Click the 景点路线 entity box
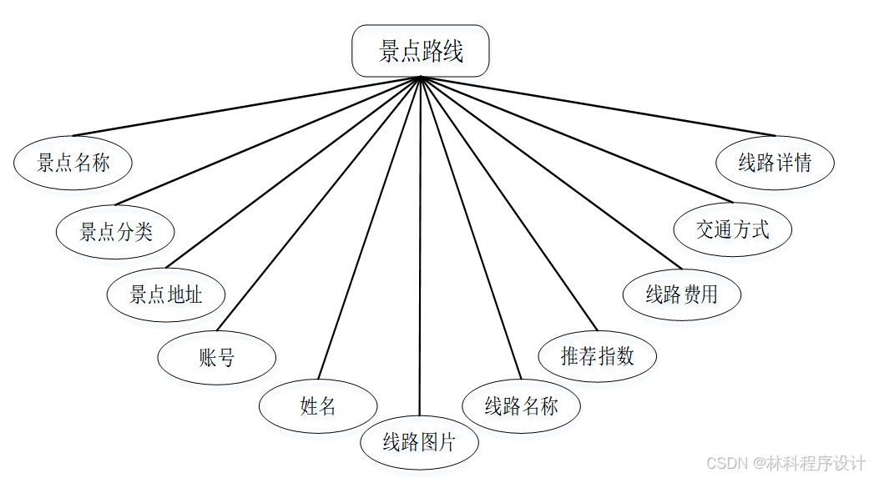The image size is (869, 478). pos(421,51)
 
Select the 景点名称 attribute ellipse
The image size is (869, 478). pos(73,163)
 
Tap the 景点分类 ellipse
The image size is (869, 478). pos(115,231)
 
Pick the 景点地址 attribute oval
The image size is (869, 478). pos(166,294)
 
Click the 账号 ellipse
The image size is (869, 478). pos(217,358)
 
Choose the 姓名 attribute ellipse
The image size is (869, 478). pos(318,406)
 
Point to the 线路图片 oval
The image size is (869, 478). pos(419,442)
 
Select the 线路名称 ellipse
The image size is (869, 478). pos(521,406)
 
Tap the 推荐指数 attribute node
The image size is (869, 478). pos(598,356)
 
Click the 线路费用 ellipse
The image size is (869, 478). pos(682,294)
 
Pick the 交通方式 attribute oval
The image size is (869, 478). pos(733,229)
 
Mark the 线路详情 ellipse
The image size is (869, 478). pos(775,163)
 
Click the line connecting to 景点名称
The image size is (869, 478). pos(247,106)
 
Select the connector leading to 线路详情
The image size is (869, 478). pos(598,106)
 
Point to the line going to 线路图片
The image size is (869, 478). pos(420,250)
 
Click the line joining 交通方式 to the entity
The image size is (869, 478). pos(576,139)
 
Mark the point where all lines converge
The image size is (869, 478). pos(421,78)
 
